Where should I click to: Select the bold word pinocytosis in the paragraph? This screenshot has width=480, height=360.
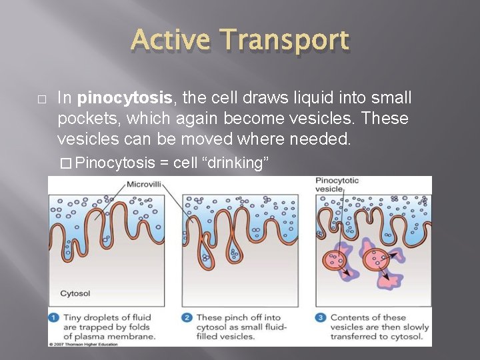[x=125, y=99]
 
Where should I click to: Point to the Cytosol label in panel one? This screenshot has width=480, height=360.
[x=75, y=293]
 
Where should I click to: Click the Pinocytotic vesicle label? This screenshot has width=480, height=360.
[x=337, y=185]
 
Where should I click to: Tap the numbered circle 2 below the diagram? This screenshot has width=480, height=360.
[x=187, y=318]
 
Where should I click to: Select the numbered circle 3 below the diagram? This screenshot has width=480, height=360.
[x=321, y=318]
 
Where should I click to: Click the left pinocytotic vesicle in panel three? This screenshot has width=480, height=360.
[x=336, y=261]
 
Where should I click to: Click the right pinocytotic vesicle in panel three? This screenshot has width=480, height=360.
[x=377, y=257]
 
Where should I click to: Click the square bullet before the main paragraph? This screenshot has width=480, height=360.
[x=41, y=99]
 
